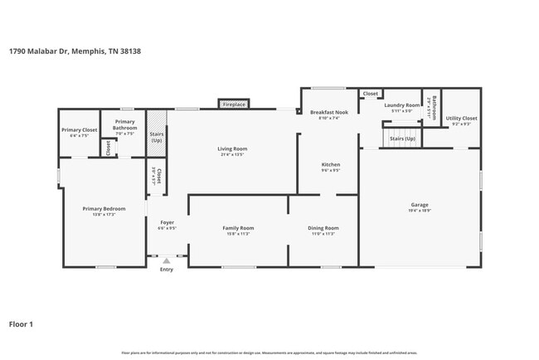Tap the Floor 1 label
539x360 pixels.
click(x=22, y=324)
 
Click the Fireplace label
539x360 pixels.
click(x=234, y=105)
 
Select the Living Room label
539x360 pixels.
click(x=234, y=149)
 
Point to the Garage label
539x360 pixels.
click(x=420, y=205)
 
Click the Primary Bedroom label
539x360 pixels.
click(x=104, y=208)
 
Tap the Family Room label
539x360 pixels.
click(x=238, y=227)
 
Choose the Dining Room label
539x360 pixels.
click(x=323, y=227)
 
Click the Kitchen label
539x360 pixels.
click(x=330, y=164)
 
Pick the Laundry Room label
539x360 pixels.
click(x=401, y=105)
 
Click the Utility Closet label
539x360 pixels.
click(x=461, y=119)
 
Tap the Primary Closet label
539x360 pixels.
click(x=79, y=130)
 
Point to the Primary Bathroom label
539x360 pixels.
click(x=124, y=125)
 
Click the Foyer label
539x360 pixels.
click(x=167, y=223)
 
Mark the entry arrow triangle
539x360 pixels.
click(x=167, y=260)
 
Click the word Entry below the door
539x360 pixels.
click(x=167, y=269)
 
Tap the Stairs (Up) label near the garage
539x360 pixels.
click(x=402, y=139)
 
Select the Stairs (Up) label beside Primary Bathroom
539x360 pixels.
click(x=156, y=137)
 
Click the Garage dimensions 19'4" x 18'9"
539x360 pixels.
click(x=420, y=211)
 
